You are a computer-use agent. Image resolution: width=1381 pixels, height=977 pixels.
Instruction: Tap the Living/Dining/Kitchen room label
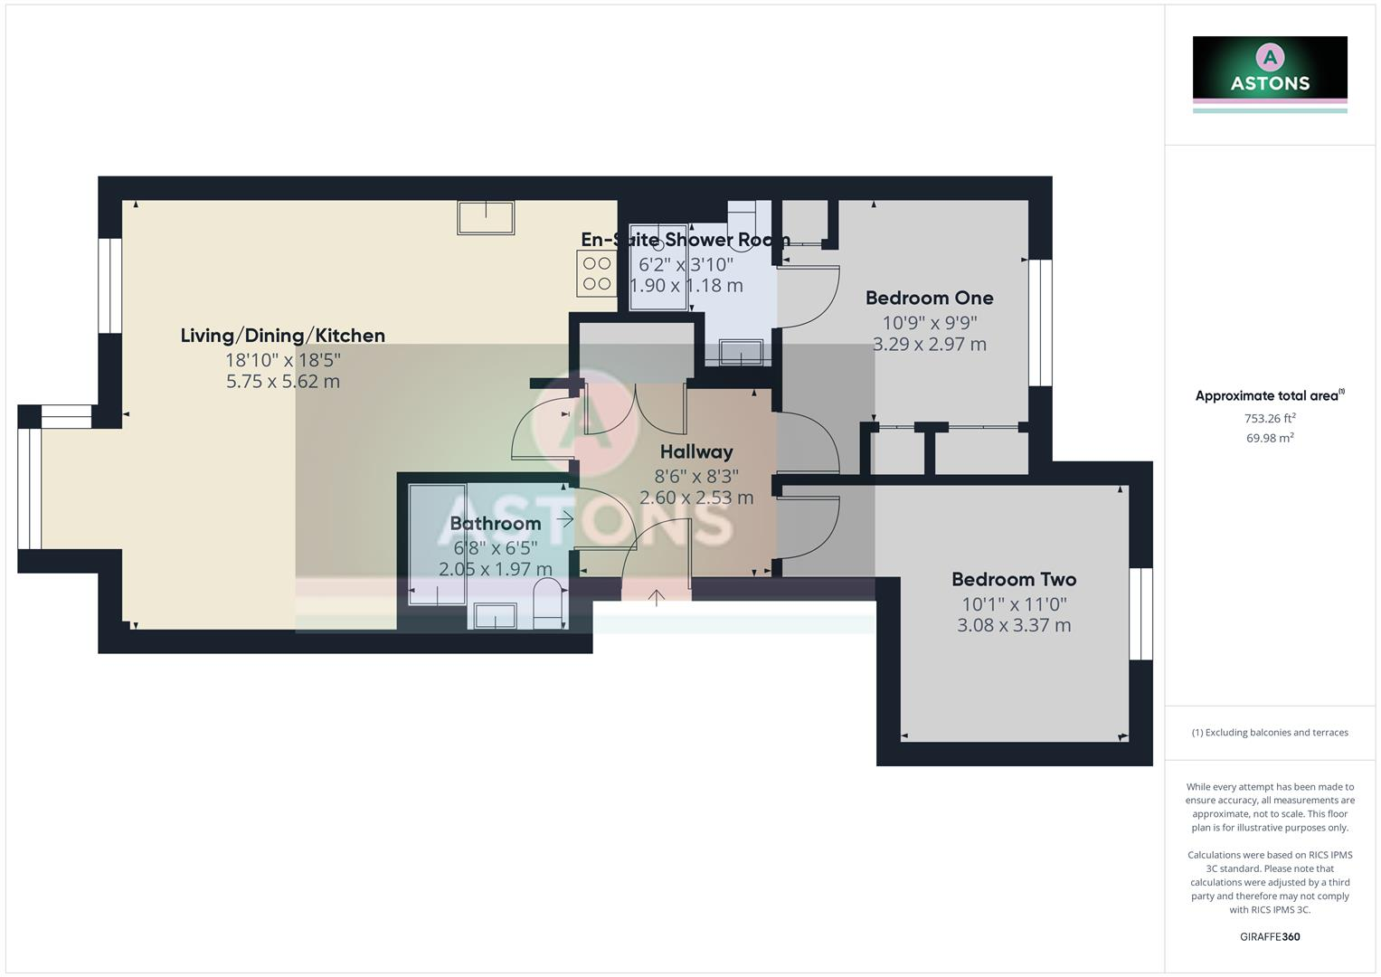(283, 336)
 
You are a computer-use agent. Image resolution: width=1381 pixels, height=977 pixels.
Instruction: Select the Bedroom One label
(929, 298)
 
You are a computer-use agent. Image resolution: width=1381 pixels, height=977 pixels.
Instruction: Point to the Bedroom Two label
(1014, 579)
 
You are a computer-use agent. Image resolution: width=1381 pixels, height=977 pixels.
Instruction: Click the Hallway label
(696, 451)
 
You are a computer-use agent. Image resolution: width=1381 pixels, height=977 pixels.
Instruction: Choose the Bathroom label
(495, 523)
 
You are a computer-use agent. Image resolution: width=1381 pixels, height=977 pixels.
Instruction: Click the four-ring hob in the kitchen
(596, 273)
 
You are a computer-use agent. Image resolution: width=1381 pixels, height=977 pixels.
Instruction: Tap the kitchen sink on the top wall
(486, 218)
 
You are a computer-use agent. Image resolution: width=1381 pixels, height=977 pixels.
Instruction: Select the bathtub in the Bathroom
(438, 544)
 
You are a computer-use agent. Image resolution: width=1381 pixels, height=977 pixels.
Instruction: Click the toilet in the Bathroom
(547, 604)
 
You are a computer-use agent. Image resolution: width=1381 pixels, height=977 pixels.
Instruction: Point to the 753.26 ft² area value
(1270, 418)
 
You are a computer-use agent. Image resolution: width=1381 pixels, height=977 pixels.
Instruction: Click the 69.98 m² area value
(1270, 438)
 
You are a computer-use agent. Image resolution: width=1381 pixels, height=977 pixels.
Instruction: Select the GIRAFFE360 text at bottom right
(1270, 936)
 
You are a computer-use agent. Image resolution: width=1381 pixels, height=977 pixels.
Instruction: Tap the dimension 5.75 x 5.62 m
(283, 381)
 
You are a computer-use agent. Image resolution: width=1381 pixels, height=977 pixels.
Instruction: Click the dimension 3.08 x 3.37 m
(1014, 625)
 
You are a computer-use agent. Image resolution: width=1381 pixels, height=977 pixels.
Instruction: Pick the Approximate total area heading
(1269, 395)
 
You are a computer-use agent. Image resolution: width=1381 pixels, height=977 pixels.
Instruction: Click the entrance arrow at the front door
(657, 596)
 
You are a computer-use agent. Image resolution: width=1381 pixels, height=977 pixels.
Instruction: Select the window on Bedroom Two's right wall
(1141, 613)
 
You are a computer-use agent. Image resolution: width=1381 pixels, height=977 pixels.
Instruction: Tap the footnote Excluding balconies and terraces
(1270, 733)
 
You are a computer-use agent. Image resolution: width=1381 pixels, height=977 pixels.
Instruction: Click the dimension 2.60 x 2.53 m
(696, 498)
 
